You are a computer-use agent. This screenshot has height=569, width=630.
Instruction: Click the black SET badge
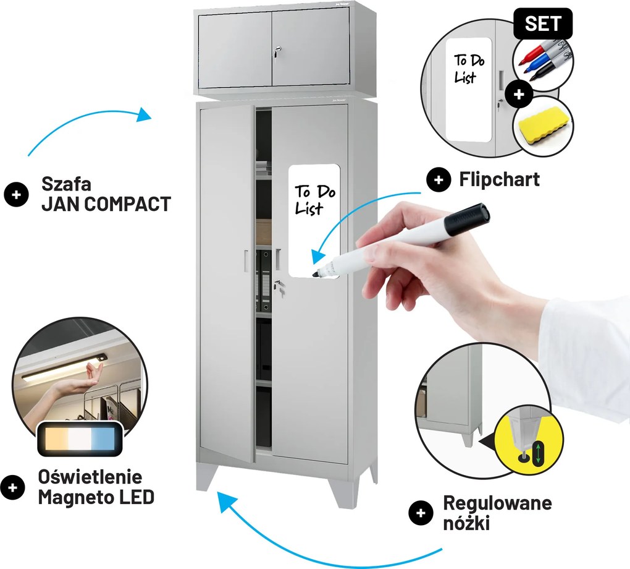[543, 24]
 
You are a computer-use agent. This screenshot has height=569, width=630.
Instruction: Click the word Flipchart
[499, 179]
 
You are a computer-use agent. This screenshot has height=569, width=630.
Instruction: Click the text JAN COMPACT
[106, 205]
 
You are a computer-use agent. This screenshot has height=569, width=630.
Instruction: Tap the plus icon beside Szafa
[17, 194]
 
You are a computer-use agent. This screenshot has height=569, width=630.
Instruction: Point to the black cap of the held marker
[469, 218]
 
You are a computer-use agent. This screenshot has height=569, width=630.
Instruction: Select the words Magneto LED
[96, 497]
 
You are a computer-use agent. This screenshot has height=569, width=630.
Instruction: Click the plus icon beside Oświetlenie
[13, 487]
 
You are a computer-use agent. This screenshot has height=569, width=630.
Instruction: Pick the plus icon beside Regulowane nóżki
[421, 512]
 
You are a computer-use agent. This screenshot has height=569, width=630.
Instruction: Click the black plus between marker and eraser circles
[518, 93]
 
